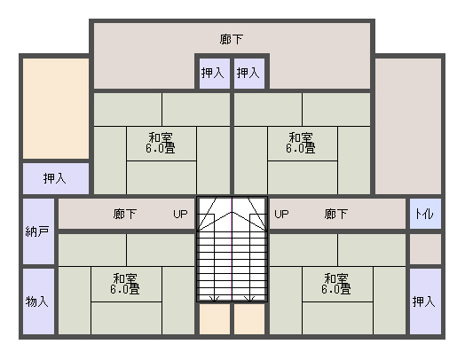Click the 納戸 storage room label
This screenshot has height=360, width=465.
click(x=37, y=231)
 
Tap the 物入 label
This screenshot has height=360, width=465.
click(x=37, y=301)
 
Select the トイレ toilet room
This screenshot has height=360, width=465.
click(x=425, y=214)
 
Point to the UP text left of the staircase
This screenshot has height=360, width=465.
click(x=180, y=214)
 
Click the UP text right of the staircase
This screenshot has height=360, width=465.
click(x=281, y=214)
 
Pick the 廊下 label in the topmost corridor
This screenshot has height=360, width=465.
click(x=232, y=39)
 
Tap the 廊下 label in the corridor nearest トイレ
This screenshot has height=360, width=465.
click(x=336, y=214)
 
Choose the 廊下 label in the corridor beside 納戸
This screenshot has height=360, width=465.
click(x=125, y=214)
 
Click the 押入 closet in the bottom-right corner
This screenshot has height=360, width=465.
click(x=425, y=301)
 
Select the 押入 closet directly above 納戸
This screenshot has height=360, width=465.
click(x=56, y=178)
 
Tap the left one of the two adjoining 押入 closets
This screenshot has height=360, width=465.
click(x=215, y=74)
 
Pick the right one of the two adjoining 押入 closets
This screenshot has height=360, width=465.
click(x=249, y=74)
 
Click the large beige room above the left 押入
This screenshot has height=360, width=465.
click(x=56, y=108)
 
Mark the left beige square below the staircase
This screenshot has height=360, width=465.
click(x=215, y=319)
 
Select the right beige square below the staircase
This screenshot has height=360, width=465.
click(x=249, y=319)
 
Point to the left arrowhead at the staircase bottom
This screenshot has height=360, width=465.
click(x=215, y=299)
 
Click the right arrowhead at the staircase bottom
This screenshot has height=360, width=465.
click(x=249, y=299)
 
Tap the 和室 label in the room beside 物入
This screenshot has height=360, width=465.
click(x=125, y=278)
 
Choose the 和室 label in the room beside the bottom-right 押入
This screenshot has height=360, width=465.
click(x=336, y=278)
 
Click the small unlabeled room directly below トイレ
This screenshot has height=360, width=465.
click(x=425, y=249)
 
